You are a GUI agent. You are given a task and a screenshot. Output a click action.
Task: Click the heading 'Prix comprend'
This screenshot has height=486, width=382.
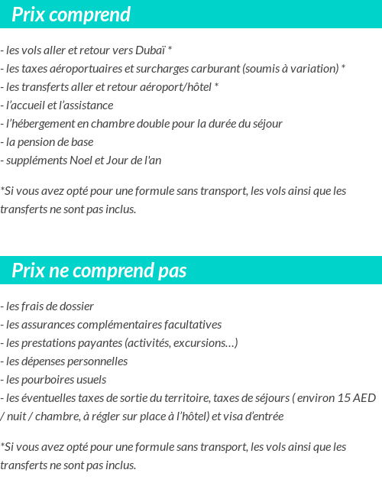point(71,15)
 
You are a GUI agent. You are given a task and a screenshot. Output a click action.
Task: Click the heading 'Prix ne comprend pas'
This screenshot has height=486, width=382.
point(99,271)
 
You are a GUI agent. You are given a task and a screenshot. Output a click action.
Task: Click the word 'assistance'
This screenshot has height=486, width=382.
point(89,105)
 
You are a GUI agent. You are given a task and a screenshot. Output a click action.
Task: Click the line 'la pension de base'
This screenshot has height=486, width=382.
point(46,142)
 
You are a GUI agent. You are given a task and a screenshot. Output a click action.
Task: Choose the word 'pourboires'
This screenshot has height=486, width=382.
point(47,380)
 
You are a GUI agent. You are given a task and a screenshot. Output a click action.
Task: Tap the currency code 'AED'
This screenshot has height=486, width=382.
point(365,398)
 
